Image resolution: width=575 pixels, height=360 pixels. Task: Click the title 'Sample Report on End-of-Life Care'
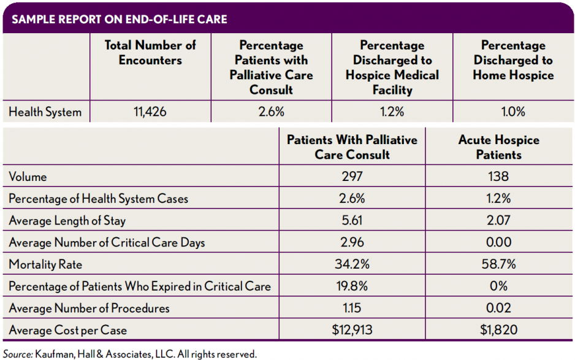tap(120, 19)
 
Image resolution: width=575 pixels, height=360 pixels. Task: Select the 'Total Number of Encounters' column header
tap(150, 53)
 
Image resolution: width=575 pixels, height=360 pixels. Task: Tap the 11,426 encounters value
tap(150, 112)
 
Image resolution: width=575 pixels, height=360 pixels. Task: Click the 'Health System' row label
tap(45, 112)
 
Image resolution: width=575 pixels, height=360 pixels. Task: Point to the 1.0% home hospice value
tap(513, 112)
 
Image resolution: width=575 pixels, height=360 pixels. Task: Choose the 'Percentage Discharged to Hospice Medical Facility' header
tap(392, 67)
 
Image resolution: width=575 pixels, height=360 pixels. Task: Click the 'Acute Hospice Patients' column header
tap(498, 147)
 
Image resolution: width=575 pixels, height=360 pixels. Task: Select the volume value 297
tap(352, 177)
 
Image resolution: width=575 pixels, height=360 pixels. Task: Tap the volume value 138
tap(498, 177)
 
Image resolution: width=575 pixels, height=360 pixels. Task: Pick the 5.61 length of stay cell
tap(352, 221)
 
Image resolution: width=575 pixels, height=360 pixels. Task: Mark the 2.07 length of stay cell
tap(498, 221)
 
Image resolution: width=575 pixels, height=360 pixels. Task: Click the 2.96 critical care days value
tap(352, 243)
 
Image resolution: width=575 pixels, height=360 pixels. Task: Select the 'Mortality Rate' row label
tap(45, 265)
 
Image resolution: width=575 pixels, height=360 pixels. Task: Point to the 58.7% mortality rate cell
tap(498, 265)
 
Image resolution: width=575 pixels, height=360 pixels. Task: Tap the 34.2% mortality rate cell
tap(352, 265)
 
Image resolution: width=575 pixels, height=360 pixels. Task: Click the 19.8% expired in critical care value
tap(352, 286)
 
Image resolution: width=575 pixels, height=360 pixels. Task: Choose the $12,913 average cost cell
tap(352, 330)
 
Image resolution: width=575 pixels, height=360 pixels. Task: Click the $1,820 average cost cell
tap(498, 330)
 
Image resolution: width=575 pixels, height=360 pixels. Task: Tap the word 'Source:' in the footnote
tap(18, 354)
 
